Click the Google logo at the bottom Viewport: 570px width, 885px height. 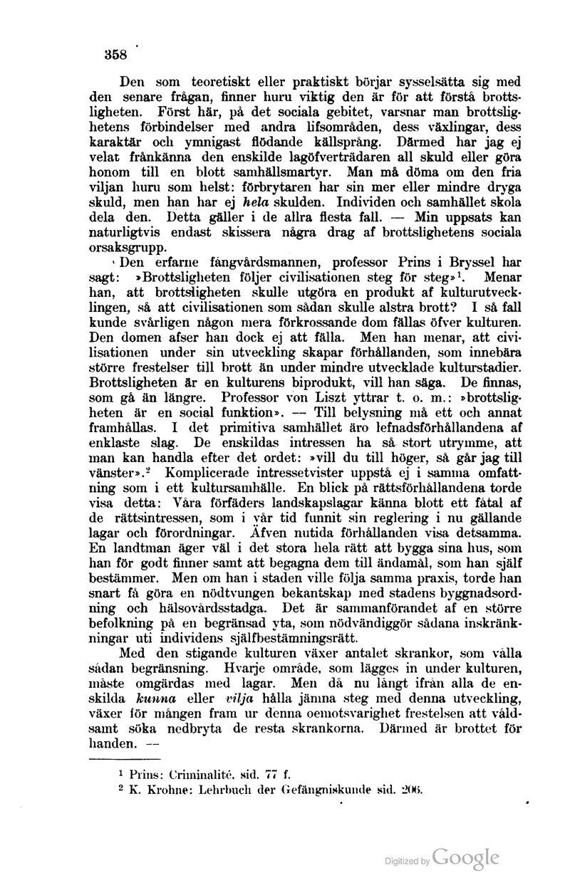pyautogui.click(x=465, y=858)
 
